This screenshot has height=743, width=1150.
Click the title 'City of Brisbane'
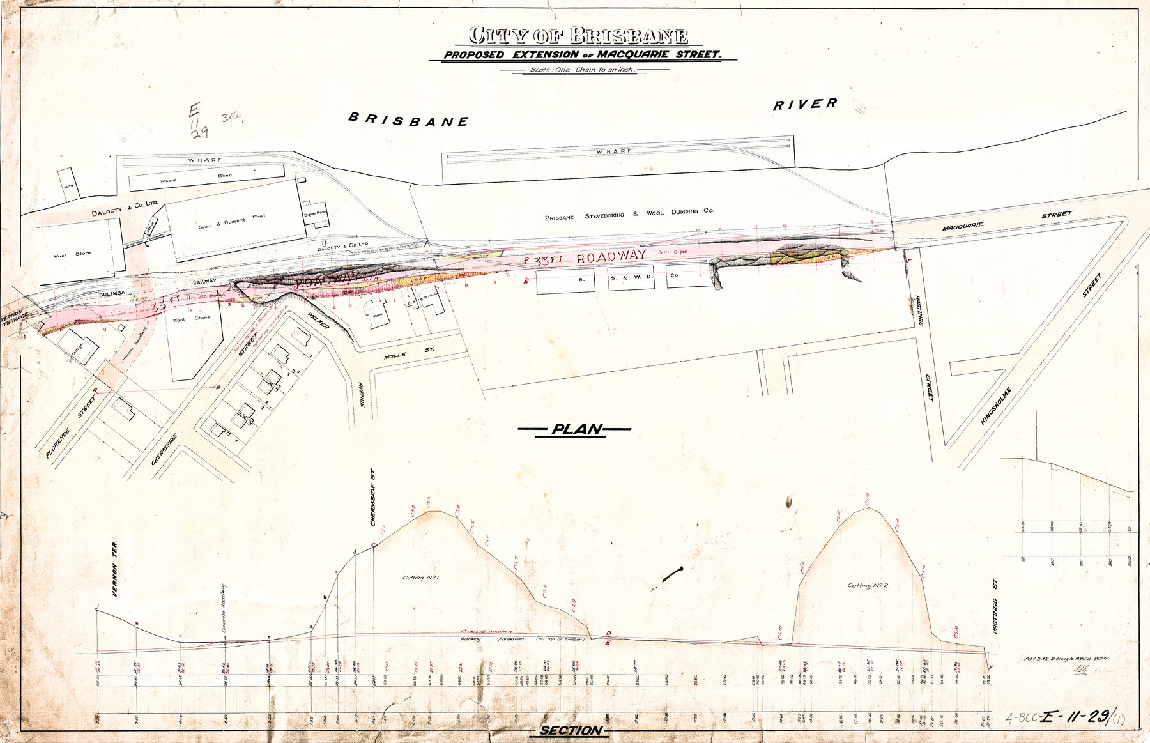tap(578, 35)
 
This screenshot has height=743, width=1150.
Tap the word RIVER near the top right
tap(804, 104)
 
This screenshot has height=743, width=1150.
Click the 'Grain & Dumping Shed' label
tap(231, 222)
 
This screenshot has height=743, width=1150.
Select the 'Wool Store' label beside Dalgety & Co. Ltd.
tap(72, 254)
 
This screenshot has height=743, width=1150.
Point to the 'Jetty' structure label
tap(68, 186)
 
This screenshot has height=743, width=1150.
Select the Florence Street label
tap(70, 427)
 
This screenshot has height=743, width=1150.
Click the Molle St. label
tap(409, 353)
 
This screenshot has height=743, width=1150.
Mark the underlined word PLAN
tap(576, 429)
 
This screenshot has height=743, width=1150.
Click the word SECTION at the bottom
tap(570, 730)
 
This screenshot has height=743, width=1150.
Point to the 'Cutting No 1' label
tap(422, 578)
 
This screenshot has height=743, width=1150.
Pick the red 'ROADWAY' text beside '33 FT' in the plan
tap(611, 257)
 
